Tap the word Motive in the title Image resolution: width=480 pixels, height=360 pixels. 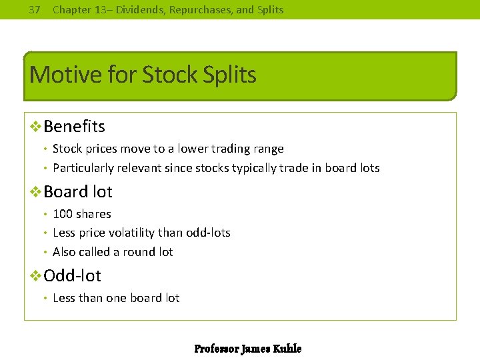pos(62,75)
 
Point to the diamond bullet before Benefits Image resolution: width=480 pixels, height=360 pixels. pos(36,126)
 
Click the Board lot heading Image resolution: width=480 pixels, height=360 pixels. pos(77,192)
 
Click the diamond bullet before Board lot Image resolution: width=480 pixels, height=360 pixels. pos(36,192)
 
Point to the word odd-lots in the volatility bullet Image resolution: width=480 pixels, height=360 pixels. pos(209,233)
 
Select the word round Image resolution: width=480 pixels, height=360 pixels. pos(135,252)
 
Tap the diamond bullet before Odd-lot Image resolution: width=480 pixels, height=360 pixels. pos(36,275)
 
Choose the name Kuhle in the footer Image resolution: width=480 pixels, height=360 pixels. pos(287,349)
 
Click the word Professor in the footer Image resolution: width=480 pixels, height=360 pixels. pos(216,349)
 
